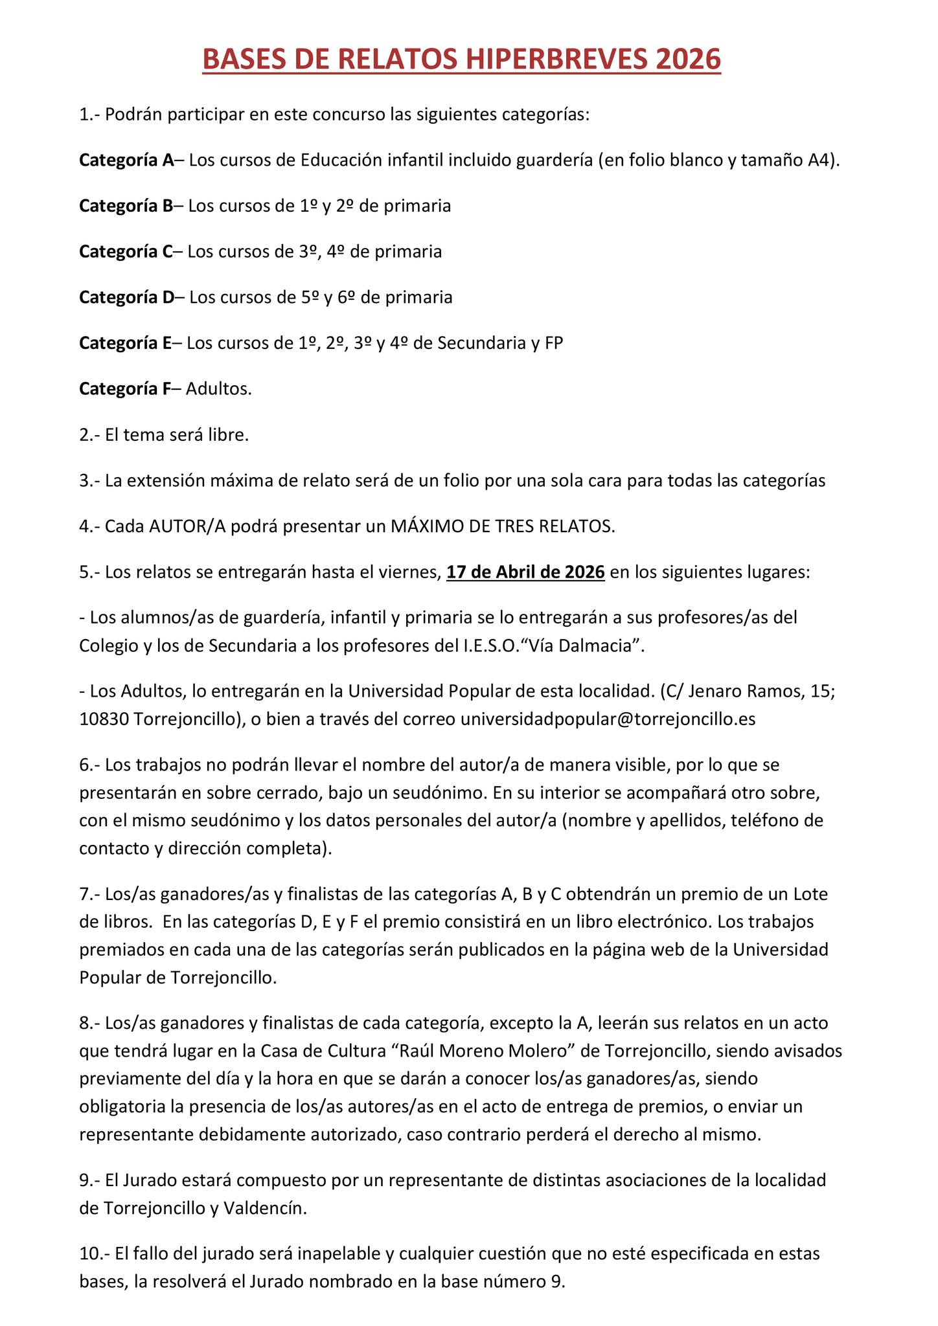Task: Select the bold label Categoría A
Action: pos(126,161)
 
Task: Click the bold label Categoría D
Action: pos(127,297)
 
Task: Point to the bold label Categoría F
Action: pos(125,388)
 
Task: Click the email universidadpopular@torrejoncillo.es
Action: pos(608,719)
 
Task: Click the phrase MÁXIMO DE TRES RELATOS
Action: pos(502,526)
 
